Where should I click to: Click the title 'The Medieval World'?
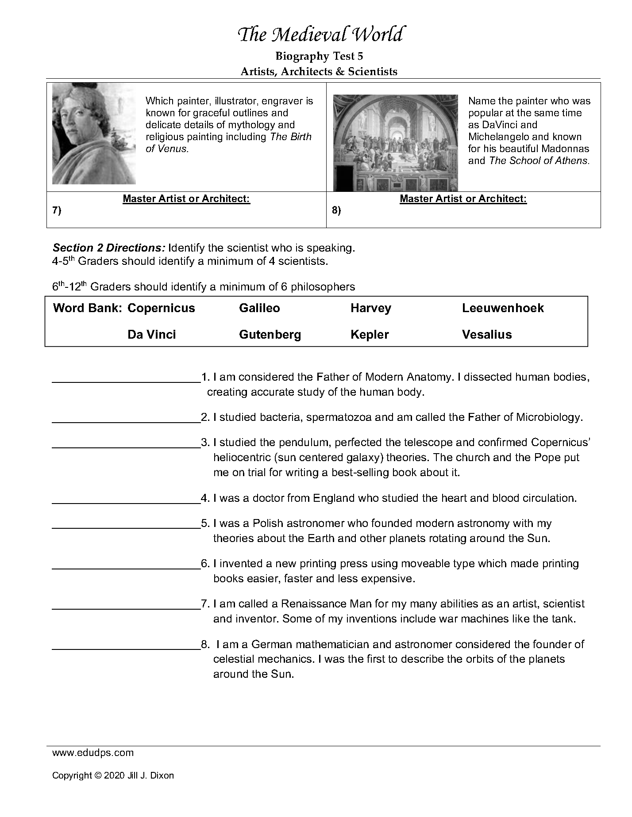tap(320, 35)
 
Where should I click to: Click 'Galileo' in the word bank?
tap(259, 308)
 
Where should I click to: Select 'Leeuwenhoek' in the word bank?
tap(503, 308)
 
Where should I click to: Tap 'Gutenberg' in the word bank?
tap(270, 335)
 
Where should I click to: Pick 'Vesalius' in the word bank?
tap(487, 335)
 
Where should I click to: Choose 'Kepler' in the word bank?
tap(370, 335)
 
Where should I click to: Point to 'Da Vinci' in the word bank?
tap(152, 335)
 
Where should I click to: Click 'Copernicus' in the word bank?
tap(161, 308)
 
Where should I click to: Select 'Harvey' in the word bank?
tap(371, 308)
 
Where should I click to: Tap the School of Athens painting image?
tap(395, 143)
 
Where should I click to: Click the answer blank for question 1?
tap(126, 378)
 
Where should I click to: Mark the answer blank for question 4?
tap(126, 500)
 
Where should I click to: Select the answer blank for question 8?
tap(126, 646)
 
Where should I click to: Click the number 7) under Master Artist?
tap(57, 210)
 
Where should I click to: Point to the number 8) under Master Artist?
tap(336, 210)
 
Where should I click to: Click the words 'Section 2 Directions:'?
tap(109, 248)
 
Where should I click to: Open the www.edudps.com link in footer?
tap(93, 753)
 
